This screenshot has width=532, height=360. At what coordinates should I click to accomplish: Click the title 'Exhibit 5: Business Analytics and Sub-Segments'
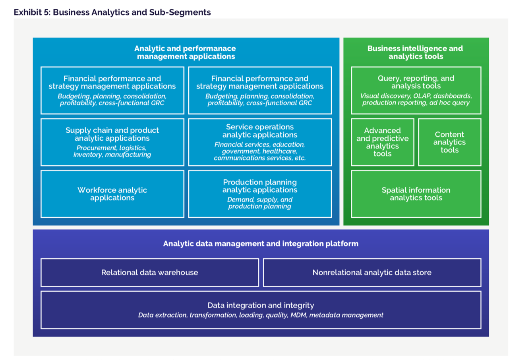pos(112,12)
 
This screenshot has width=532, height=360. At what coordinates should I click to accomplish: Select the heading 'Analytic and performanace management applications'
pos(185,52)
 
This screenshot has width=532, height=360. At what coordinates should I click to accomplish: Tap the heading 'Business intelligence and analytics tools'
pos(415,52)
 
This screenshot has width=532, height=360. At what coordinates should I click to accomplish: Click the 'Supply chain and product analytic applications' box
pos(112,142)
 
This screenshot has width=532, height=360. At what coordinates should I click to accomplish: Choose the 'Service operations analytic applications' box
pos(260,142)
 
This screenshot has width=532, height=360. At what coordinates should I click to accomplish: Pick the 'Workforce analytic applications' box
pos(112,194)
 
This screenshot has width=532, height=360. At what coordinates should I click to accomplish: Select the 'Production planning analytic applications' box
pos(260,194)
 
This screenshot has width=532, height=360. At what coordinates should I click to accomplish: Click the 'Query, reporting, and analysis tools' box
pos(416,90)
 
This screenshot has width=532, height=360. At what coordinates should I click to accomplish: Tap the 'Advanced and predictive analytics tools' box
pos(382,142)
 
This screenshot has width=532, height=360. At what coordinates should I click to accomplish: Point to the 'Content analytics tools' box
pos(449,142)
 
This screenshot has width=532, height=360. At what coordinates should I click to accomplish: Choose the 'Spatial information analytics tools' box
pos(416,194)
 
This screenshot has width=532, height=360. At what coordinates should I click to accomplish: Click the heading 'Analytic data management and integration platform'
pos(261,244)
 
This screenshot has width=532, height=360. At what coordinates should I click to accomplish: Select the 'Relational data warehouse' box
pos(149,273)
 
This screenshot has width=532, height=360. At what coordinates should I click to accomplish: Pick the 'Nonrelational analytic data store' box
pos(372,273)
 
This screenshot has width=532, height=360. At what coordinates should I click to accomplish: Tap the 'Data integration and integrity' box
pos(261,310)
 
